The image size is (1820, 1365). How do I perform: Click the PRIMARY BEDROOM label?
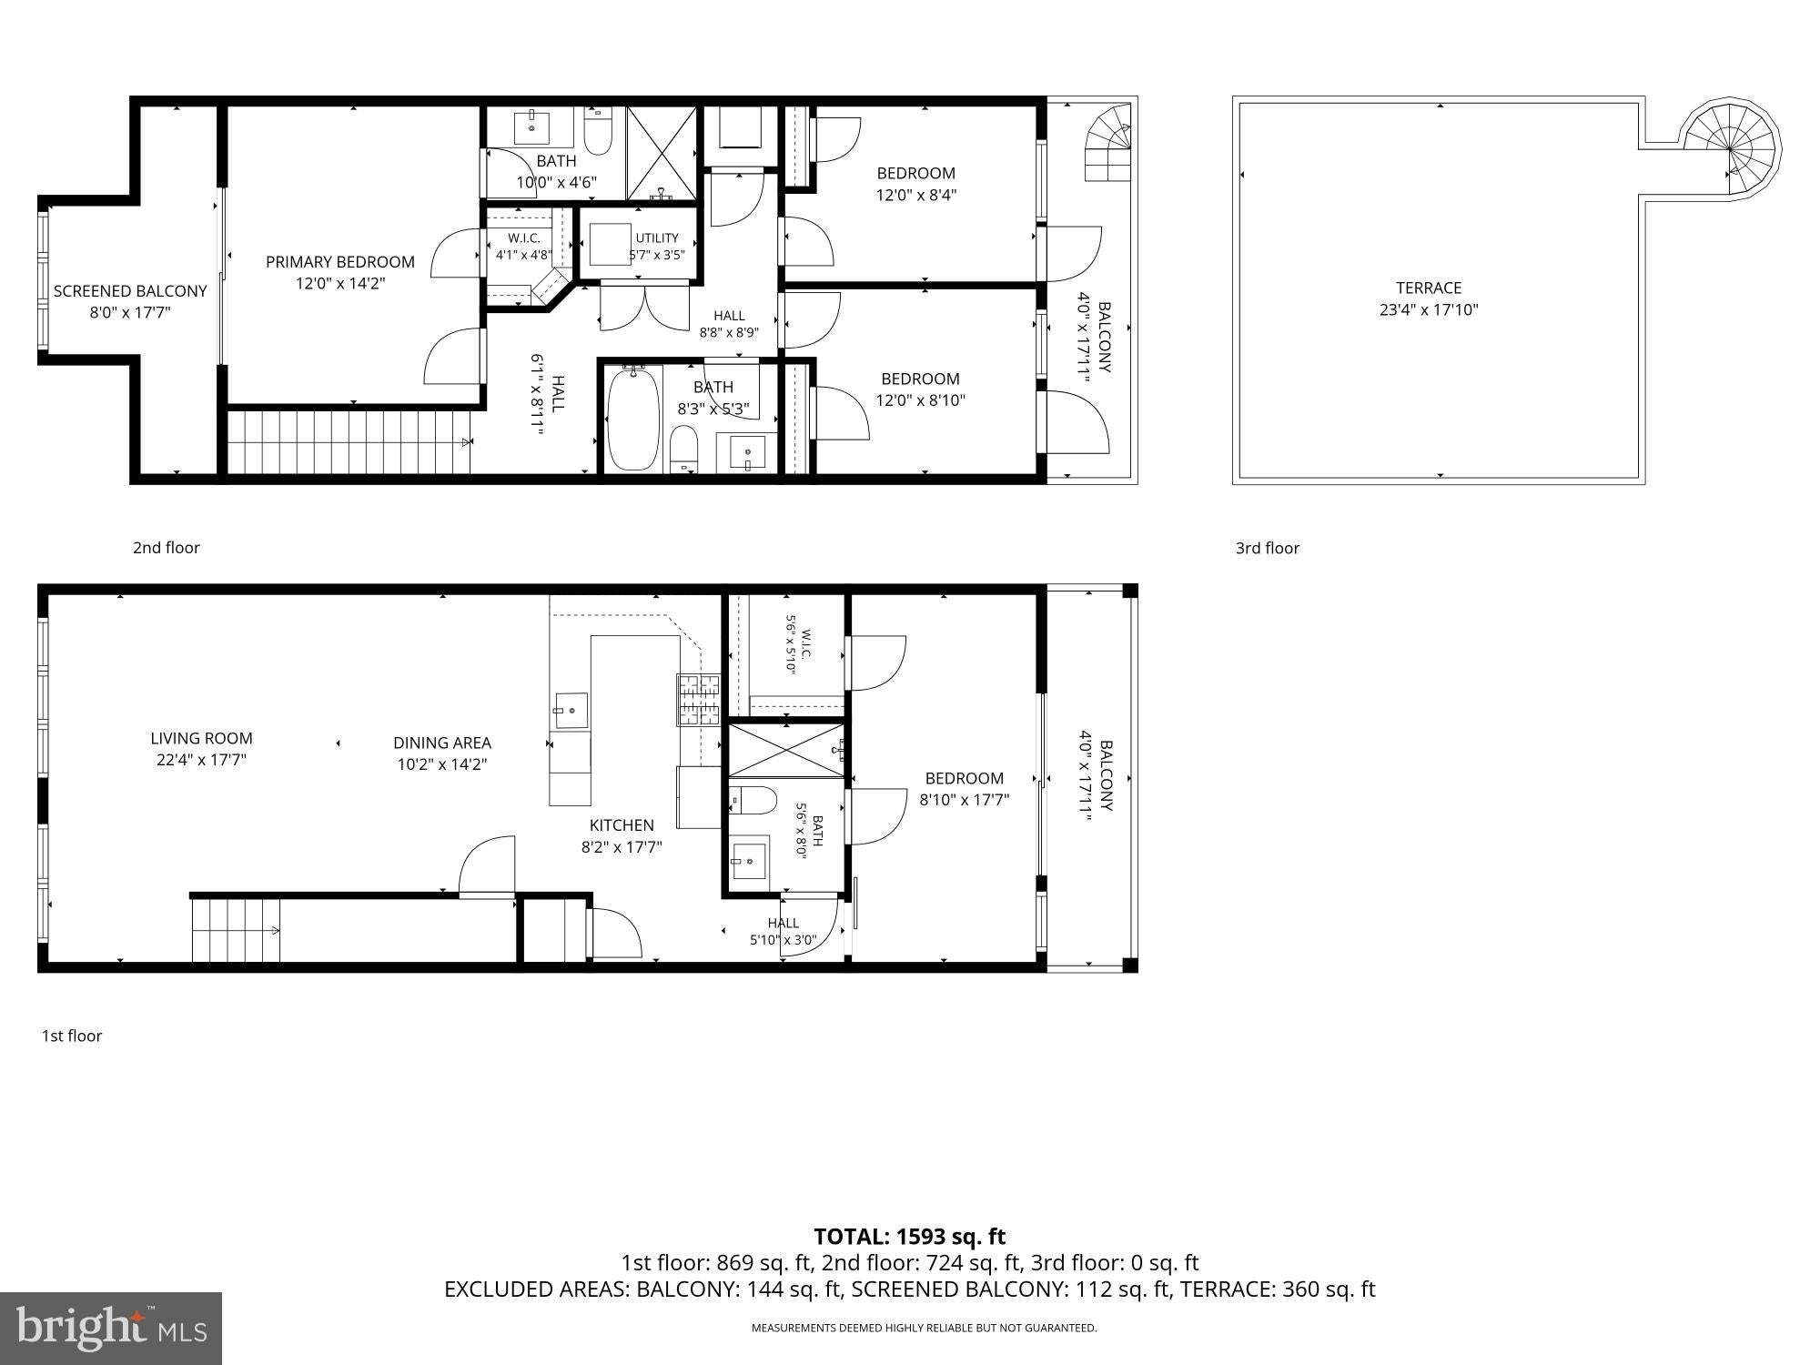pyautogui.click(x=340, y=262)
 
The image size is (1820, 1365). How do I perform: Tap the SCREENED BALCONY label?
pyautogui.click(x=130, y=291)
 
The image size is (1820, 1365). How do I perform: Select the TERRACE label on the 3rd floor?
pyautogui.click(x=1429, y=288)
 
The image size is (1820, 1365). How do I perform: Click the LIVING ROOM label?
pyautogui.click(x=201, y=738)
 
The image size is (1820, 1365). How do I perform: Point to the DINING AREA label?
pyautogui.click(x=442, y=743)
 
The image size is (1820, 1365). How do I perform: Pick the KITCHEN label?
pyautogui.click(x=622, y=825)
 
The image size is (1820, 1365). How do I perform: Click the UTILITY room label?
pyautogui.click(x=657, y=238)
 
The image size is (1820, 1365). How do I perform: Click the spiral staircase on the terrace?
pyautogui.click(x=1730, y=149)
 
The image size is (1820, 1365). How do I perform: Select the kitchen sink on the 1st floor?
pyautogui.click(x=571, y=711)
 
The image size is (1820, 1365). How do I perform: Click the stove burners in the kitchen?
pyautogui.click(x=698, y=700)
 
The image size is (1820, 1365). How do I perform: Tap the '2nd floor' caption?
pyautogui.click(x=167, y=548)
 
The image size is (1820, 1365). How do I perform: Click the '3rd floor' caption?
pyautogui.click(x=1268, y=548)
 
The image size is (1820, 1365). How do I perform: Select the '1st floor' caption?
pyautogui.click(x=72, y=1036)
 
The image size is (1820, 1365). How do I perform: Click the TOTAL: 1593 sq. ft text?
pyautogui.click(x=909, y=1237)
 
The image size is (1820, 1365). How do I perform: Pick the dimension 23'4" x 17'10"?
pyautogui.click(x=1429, y=310)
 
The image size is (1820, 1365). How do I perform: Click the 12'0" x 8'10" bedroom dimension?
pyautogui.click(x=920, y=400)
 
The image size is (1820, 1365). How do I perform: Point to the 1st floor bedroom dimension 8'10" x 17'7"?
pyautogui.click(x=965, y=801)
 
